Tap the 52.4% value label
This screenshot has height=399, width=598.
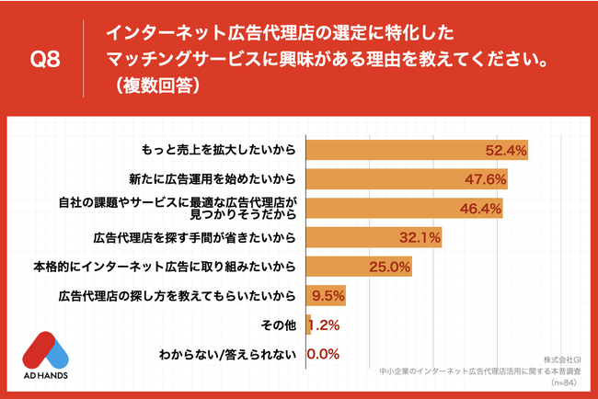click(505, 150)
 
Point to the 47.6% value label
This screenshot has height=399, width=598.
click(486, 179)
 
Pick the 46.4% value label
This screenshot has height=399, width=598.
click(481, 209)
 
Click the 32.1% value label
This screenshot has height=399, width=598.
click(420, 238)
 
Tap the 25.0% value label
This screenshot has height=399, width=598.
click(389, 268)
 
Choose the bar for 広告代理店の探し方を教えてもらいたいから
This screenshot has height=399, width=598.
click(325, 296)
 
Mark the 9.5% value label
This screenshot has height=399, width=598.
click(328, 296)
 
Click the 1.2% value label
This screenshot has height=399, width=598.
click(324, 325)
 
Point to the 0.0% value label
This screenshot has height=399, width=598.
click(323, 354)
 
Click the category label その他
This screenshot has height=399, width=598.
click(278, 325)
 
